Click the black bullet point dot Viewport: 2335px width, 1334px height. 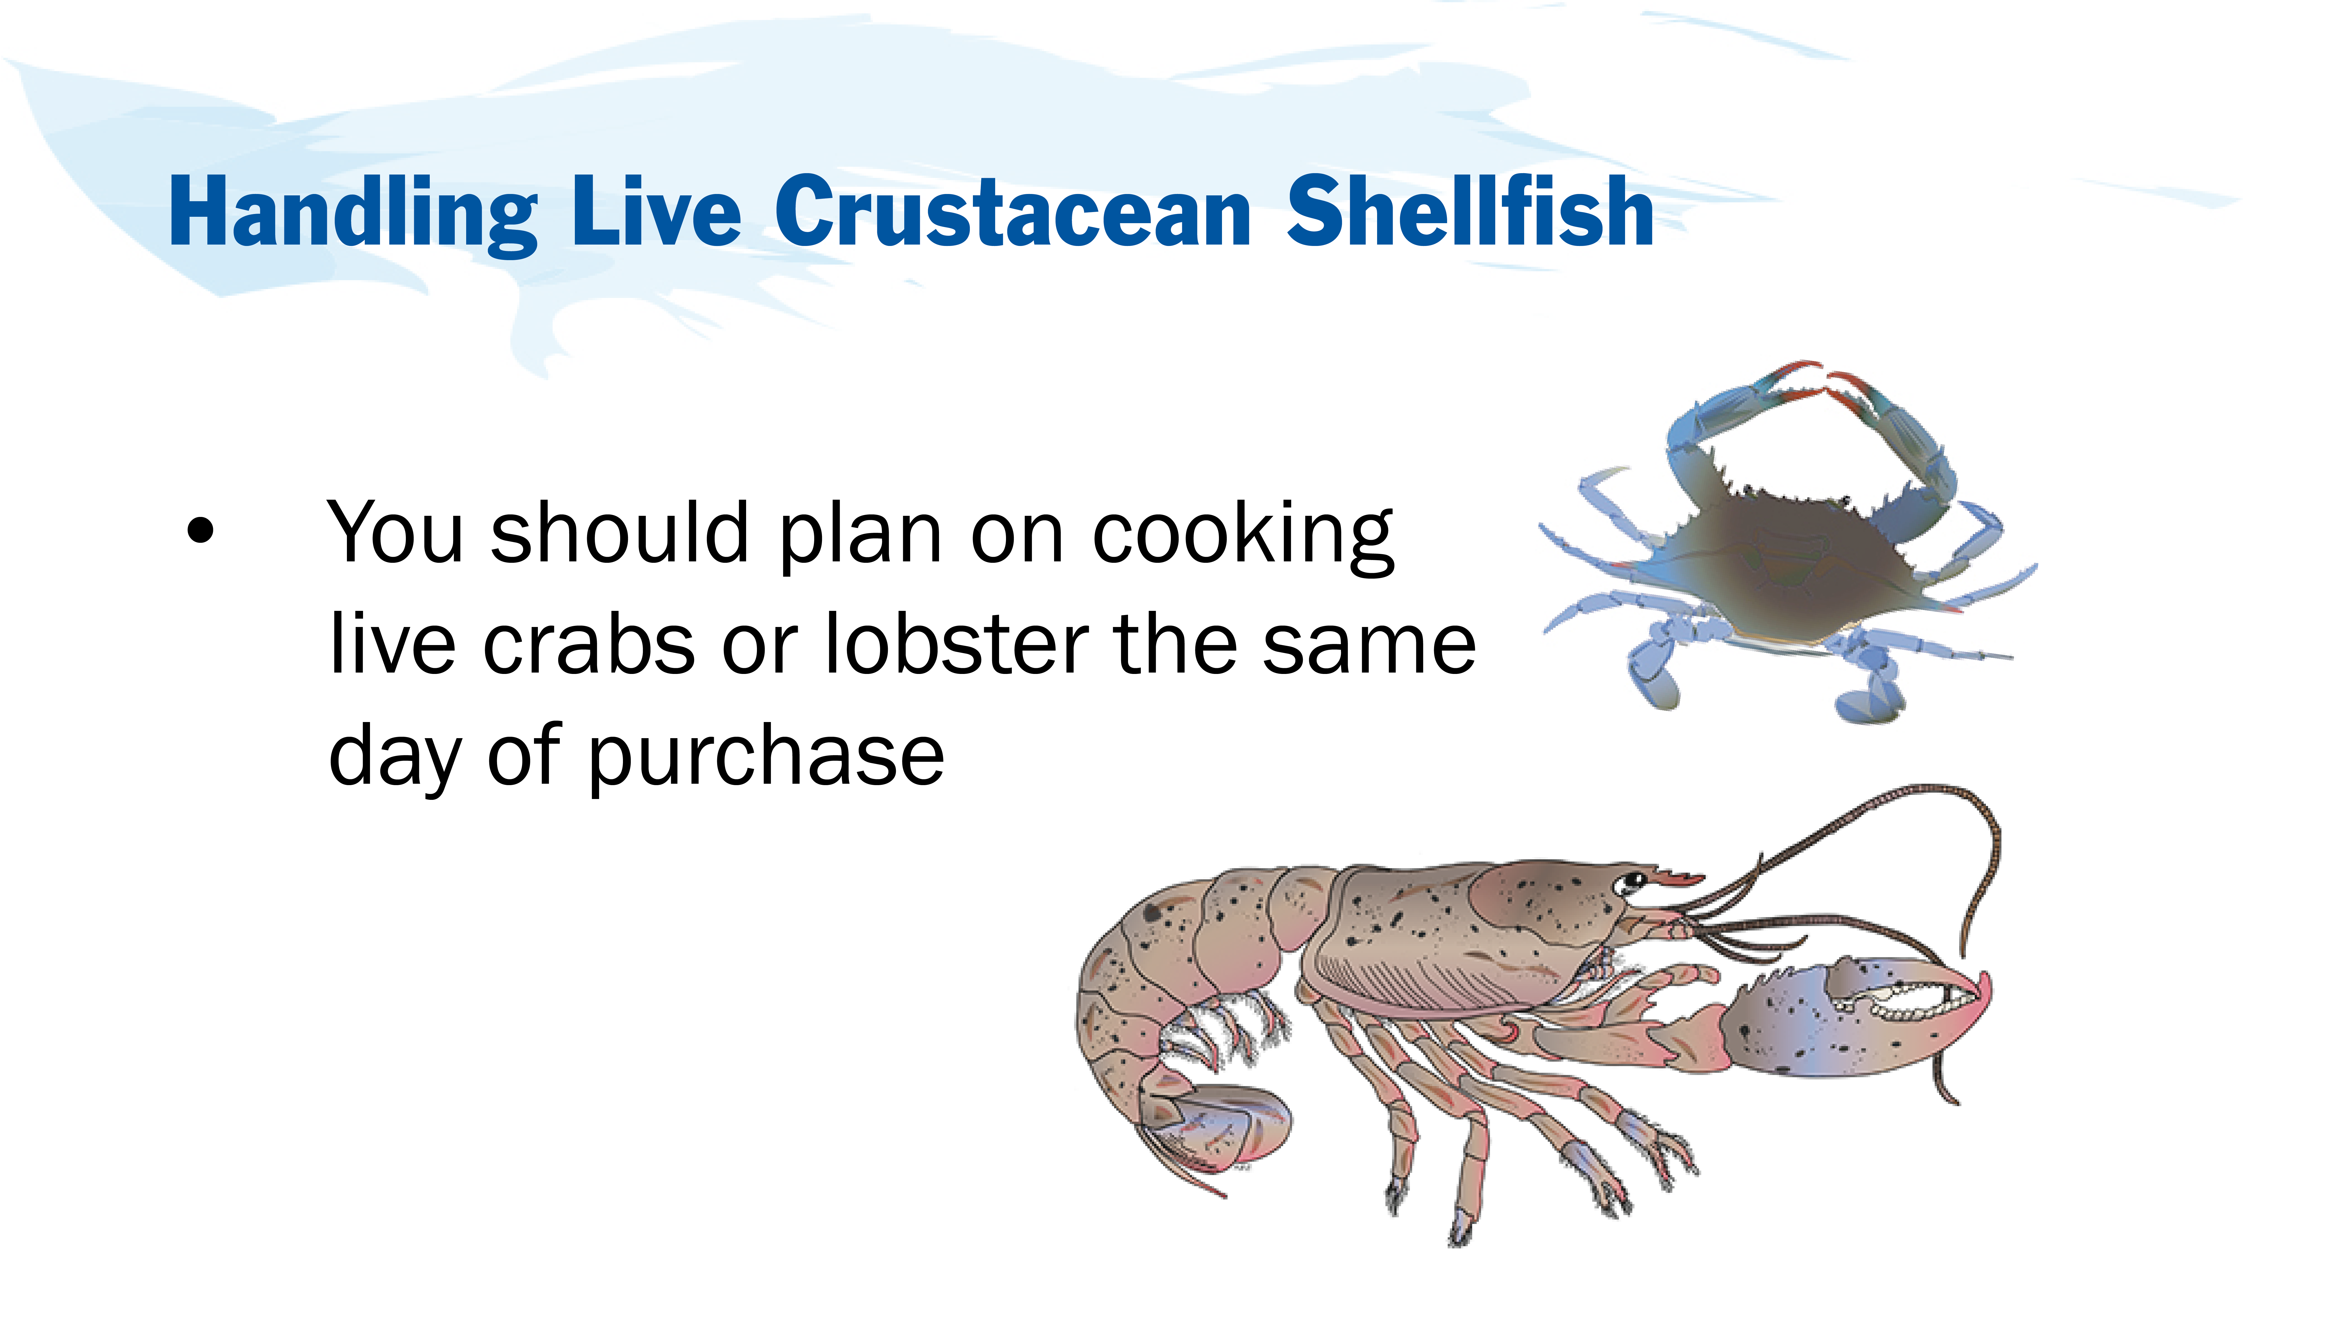pos(200,531)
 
